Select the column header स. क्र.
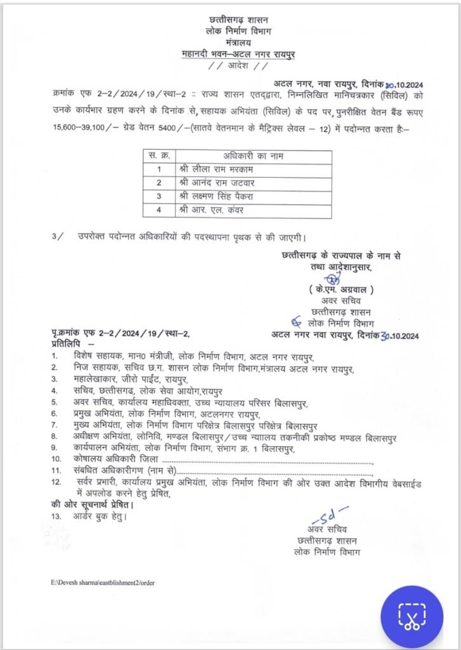coord(158,156)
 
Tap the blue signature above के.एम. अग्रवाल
coord(330,277)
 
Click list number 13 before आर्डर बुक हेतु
coord(58,517)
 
